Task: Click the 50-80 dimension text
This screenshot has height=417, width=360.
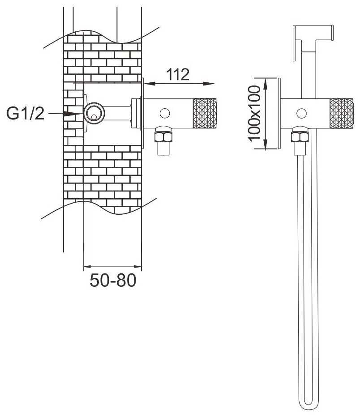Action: tap(113, 280)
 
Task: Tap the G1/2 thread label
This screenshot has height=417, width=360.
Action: tap(25, 113)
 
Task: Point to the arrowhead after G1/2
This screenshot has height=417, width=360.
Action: tap(70, 114)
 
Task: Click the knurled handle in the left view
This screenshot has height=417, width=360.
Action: tap(205, 113)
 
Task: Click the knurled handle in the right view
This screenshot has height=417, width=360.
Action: tap(342, 113)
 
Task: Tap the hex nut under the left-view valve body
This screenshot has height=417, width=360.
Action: tap(163, 136)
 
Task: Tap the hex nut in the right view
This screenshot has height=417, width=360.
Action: tap(300, 136)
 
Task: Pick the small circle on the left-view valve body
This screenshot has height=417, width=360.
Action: tap(165, 113)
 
